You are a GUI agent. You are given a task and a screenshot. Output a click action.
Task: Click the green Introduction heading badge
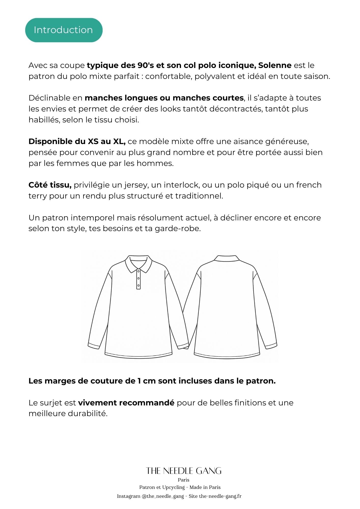[x=64, y=30]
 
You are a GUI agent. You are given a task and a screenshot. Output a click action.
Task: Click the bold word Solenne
[x=275, y=65]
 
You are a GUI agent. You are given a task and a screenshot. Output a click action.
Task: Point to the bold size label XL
[x=119, y=142]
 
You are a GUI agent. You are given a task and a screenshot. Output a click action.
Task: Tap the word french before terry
[x=309, y=185]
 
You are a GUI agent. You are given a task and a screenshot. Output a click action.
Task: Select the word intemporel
[x=93, y=218]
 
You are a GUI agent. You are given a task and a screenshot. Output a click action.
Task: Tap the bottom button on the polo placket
[x=139, y=286]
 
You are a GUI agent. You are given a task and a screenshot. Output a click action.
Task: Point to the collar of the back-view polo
[x=227, y=258]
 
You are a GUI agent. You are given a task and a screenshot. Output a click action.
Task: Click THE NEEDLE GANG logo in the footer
[x=184, y=471]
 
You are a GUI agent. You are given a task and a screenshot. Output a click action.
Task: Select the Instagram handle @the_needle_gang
[x=163, y=496]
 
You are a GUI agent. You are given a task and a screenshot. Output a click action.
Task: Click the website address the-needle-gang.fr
[x=220, y=496]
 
